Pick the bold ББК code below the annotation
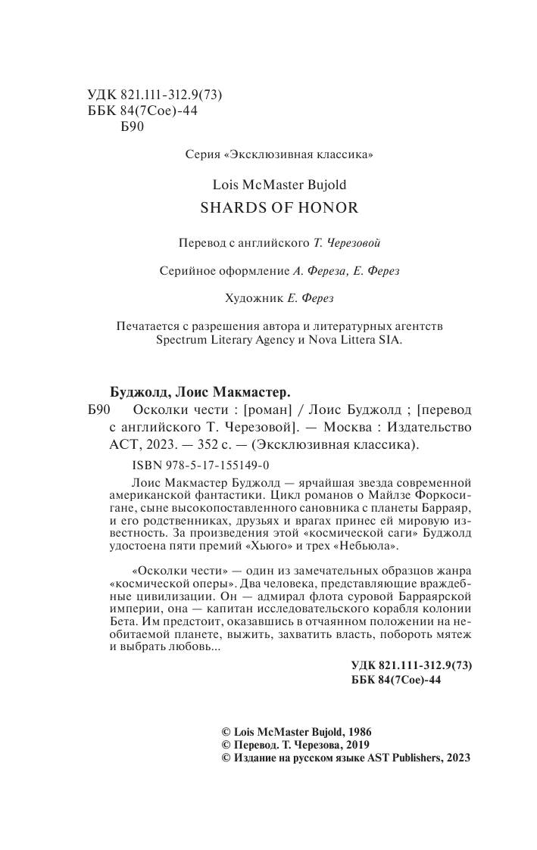coord(396,679)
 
